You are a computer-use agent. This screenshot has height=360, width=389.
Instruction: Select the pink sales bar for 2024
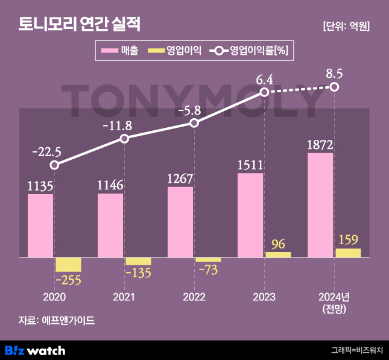pos(320,205)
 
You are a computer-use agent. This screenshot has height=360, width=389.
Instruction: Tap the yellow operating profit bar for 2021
pos(138,261)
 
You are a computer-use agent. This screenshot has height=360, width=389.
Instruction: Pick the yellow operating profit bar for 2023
pos(278,254)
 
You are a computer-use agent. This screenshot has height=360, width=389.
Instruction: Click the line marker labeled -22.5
pos(54,165)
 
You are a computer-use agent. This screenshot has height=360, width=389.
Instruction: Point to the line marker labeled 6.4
pos(264,92)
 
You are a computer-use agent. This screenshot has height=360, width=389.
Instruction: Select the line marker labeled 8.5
pos(335,87)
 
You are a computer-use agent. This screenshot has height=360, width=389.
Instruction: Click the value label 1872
pos(320,145)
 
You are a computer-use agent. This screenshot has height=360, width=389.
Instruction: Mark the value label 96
pos(278,244)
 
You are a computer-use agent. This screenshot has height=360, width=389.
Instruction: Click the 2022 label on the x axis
pos(194,297)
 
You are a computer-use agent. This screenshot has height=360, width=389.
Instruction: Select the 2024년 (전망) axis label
pos(334,302)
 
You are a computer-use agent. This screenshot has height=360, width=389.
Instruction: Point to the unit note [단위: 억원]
pos(346,26)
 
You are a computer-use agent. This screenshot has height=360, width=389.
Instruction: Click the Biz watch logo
pos(35,350)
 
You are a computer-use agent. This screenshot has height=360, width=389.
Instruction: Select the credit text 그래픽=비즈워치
pos(356,350)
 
